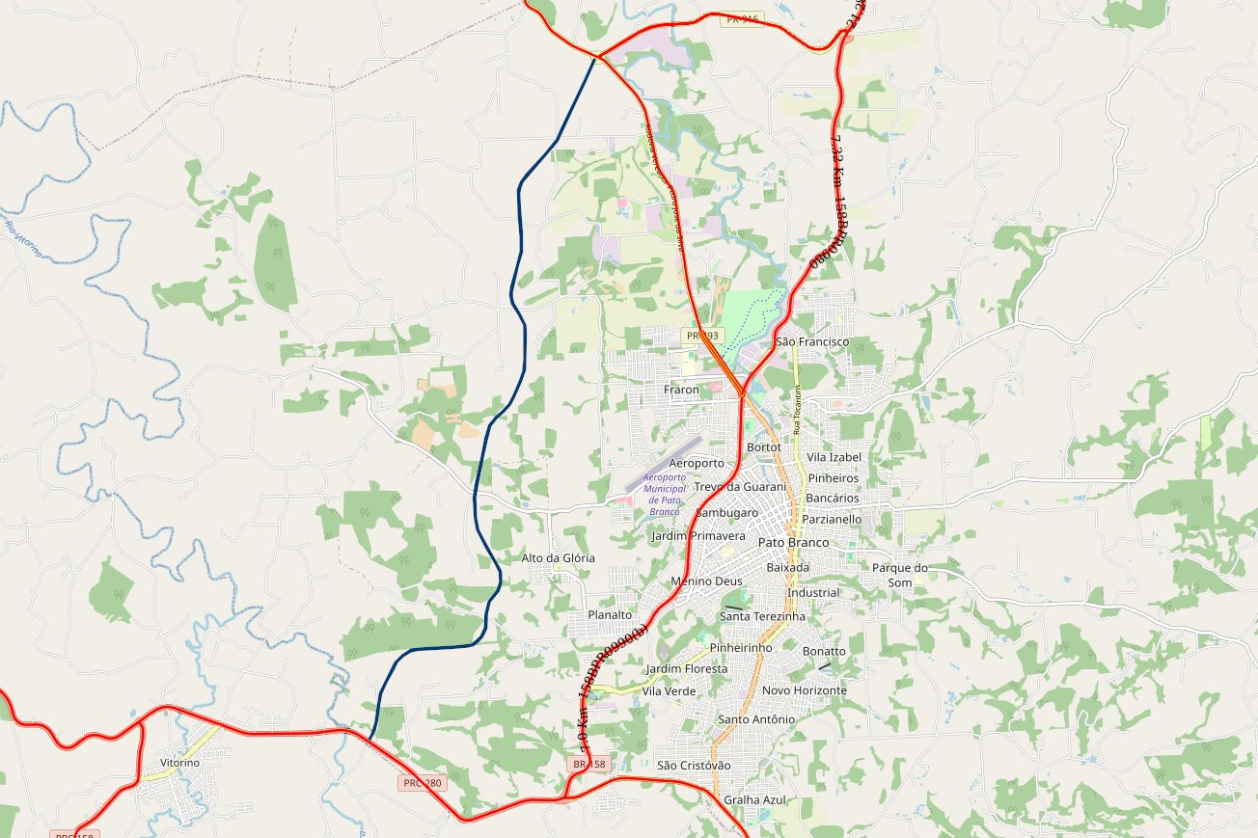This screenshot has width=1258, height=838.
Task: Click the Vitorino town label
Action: tap(179, 763)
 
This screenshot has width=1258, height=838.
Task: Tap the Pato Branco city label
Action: tap(793, 543)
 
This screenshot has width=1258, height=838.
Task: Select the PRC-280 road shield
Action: tap(422, 783)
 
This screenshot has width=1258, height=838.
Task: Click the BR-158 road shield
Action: tap(588, 764)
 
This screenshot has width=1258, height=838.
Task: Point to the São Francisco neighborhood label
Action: tap(812, 341)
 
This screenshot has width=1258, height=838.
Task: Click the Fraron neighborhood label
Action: tap(681, 390)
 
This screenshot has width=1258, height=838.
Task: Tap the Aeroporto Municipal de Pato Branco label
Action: tap(665, 494)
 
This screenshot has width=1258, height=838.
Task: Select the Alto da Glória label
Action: tap(558, 558)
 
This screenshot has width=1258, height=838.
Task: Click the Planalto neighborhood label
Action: tap(610, 614)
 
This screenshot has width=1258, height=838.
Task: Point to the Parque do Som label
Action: tap(899, 575)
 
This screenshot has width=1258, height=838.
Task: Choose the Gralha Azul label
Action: tap(755, 799)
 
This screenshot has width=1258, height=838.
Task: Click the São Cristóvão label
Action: tap(694, 766)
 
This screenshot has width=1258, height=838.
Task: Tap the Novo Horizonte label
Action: tap(805, 690)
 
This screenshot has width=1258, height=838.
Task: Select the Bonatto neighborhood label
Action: tap(824, 651)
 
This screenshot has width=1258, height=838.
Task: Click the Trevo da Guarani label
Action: tap(739, 487)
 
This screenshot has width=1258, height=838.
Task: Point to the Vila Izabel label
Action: tap(834, 457)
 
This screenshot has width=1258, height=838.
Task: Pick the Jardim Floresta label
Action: tap(687, 668)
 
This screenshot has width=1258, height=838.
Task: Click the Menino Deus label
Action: tap(706, 581)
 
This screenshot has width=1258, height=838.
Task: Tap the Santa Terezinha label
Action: tap(762, 616)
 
